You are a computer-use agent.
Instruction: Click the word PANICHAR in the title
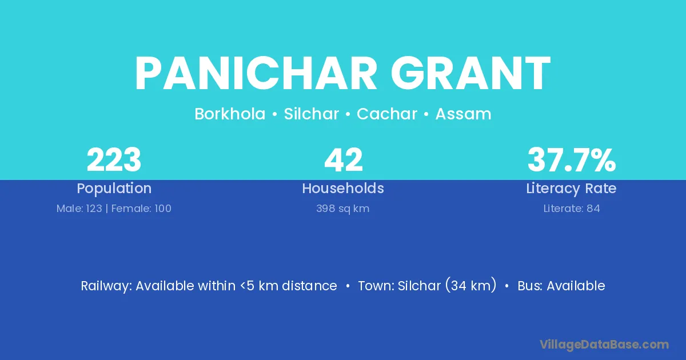[256, 73]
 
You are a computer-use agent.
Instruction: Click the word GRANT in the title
[470, 73]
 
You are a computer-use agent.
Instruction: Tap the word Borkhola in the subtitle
[230, 114]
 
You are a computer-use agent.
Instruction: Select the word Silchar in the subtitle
[311, 114]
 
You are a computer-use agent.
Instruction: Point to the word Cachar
[387, 114]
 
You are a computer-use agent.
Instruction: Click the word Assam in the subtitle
[464, 114]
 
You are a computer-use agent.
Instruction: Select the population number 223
[114, 160]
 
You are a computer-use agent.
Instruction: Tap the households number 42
[344, 160]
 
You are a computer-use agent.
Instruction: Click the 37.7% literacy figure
[572, 160]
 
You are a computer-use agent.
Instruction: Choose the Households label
[343, 188]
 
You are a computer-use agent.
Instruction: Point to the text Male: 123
[79, 209]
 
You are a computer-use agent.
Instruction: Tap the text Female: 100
[141, 209]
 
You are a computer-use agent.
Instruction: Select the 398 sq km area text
[342, 209]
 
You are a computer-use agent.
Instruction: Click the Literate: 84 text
[572, 209]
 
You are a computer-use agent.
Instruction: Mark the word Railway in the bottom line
[106, 286]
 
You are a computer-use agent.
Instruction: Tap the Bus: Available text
[561, 286]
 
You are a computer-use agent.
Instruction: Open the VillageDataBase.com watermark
[604, 345]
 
